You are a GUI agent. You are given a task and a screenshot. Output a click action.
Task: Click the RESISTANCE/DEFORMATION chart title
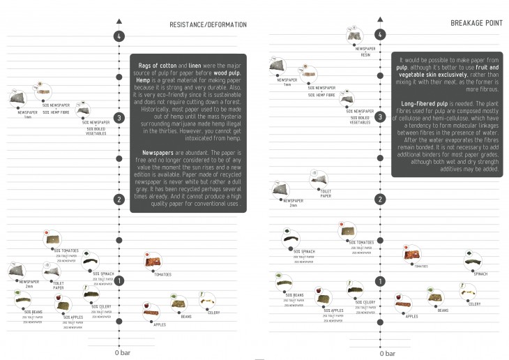tap(208, 25)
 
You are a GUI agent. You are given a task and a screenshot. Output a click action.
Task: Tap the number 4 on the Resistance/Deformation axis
tap(119, 36)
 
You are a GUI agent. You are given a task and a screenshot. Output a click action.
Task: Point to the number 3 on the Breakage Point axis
tap(379, 117)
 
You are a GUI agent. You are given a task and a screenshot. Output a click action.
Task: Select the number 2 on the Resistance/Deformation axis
tap(119, 200)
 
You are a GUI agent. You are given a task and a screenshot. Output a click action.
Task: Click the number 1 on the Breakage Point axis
tap(379, 281)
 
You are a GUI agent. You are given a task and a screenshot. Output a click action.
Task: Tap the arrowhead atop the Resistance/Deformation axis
tap(119, 20)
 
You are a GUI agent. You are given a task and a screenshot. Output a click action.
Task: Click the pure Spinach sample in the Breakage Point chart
tap(475, 262)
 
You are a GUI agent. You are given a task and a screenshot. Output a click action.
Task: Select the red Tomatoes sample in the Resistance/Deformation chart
tap(153, 262)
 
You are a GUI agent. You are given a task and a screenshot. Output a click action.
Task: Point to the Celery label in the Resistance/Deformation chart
tap(213, 313)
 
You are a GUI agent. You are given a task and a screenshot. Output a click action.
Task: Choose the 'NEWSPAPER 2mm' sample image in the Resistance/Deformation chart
tap(18, 271)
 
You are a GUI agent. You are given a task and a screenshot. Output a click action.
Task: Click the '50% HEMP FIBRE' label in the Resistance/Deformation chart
tap(56, 112)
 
